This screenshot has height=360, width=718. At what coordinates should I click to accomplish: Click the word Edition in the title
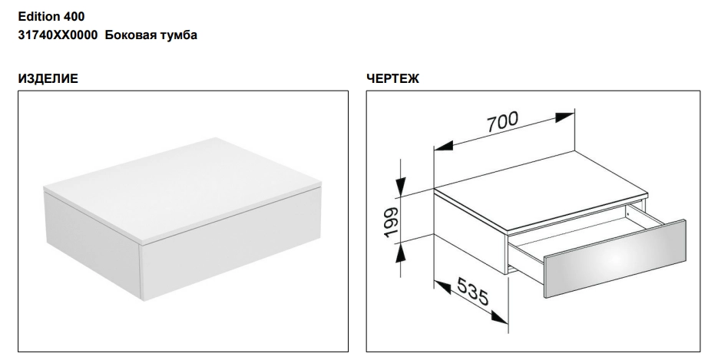tap(38, 16)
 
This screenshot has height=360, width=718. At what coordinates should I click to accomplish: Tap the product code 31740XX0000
tap(58, 35)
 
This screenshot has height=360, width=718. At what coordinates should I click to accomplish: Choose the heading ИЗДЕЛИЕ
tap(48, 79)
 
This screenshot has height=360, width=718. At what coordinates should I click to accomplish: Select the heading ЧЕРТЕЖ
tap(392, 79)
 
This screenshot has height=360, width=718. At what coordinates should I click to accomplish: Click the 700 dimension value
tap(502, 121)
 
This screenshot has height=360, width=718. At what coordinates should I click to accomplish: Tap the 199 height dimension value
tap(392, 223)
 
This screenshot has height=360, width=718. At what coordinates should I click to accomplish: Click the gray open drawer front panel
tap(615, 259)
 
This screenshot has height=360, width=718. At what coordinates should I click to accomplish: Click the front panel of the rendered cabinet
tap(232, 246)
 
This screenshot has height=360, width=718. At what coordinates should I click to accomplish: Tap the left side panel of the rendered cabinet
tap(93, 245)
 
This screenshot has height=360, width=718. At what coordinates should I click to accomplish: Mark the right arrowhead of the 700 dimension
tap(564, 117)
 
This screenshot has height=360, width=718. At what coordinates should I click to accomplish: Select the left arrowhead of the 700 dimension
tap(444, 146)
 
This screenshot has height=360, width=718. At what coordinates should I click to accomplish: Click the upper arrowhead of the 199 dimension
tap(401, 187)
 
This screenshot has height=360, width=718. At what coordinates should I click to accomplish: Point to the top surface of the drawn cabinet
tap(541, 190)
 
